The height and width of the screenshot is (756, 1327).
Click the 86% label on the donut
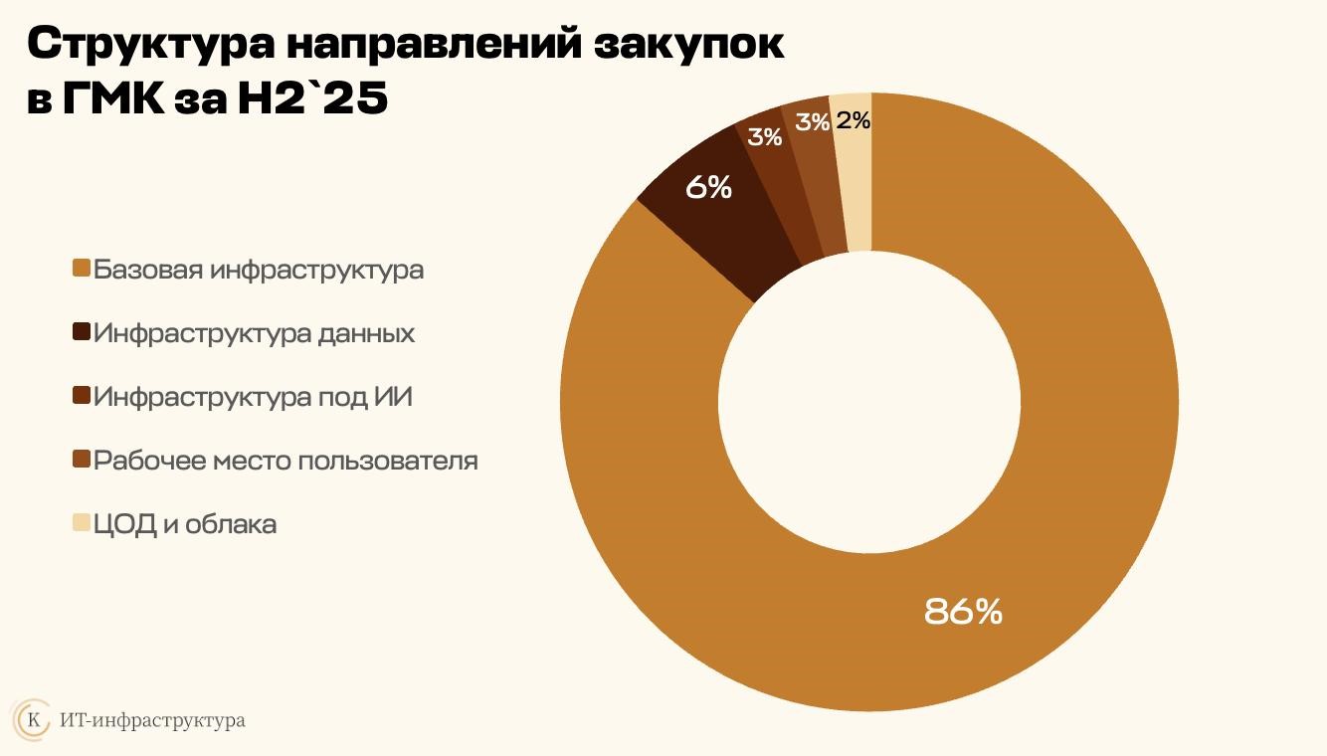coord(963,611)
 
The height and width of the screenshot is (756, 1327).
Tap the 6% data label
coord(709,187)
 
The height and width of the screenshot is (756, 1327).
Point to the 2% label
coord(853,121)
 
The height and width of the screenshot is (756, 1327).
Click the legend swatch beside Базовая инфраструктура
coord(82,270)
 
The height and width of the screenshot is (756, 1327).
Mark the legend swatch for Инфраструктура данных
coord(82,333)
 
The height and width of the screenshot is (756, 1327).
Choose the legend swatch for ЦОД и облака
coord(82,523)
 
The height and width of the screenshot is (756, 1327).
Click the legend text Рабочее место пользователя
coord(285,461)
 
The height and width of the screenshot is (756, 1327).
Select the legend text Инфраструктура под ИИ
coord(253,397)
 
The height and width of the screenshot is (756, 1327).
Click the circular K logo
coord(34,719)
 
